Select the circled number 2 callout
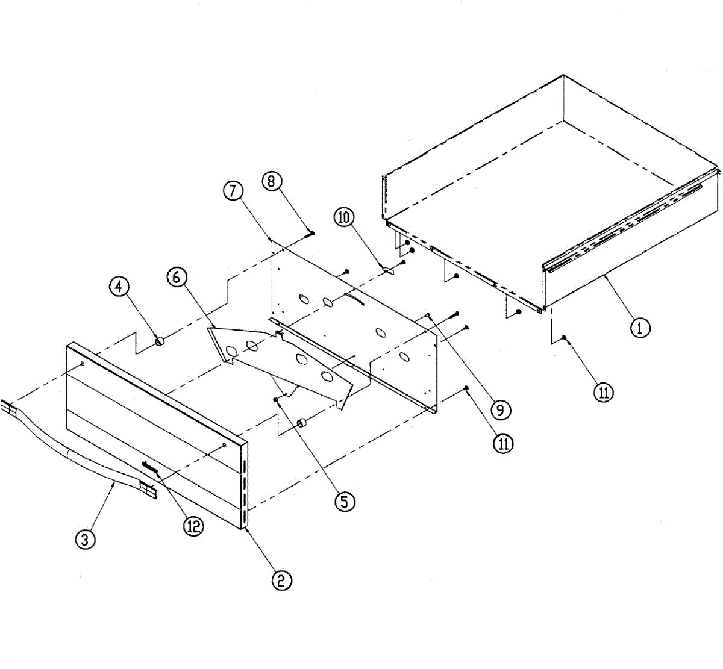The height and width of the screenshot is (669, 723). tap(281, 580)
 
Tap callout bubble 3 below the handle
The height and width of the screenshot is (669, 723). tap(85, 539)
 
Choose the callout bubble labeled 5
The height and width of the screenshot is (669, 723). tap(344, 501)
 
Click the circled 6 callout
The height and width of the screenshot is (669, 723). tap(177, 277)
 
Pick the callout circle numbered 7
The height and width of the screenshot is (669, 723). tap(233, 190)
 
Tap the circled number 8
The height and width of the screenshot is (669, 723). tap(272, 181)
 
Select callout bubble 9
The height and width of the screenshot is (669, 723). tap(501, 410)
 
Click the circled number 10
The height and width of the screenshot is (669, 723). tap(345, 217)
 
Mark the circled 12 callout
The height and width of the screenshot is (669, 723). tap(193, 526)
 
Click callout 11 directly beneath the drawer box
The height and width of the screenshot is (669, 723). tap(603, 392)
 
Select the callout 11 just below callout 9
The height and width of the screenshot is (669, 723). tap(504, 444)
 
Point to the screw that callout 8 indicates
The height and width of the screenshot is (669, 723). tap(311, 233)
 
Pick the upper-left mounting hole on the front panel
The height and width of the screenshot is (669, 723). tap(83, 364)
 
